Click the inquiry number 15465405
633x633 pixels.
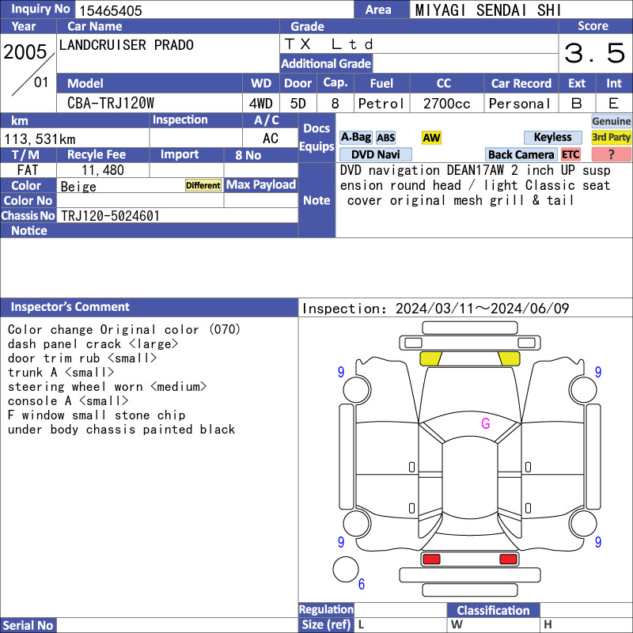(x=111, y=10)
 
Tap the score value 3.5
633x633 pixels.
(x=595, y=53)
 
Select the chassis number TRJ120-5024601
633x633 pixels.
(x=110, y=216)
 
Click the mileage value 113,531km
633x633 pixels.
(x=40, y=139)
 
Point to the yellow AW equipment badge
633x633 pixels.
(x=431, y=138)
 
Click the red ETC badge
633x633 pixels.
(x=570, y=154)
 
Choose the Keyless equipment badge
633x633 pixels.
(x=552, y=137)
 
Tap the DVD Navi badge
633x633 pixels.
(x=375, y=154)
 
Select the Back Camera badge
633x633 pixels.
(x=521, y=154)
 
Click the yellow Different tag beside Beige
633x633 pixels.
(x=203, y=185)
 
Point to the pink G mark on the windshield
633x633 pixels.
(x=486, y=423)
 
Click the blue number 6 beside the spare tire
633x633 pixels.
(x=362, y=584)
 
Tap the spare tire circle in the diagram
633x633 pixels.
(x=346, y=569)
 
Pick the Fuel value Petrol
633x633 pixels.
(x=381, y=104)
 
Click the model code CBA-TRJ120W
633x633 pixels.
(x=111, y=104)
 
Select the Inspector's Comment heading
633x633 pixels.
(x=70, y=307)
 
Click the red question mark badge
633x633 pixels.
(x=611, y=154)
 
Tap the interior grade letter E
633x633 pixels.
(x=613, y=104)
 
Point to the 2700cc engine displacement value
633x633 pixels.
(x=446, y=104)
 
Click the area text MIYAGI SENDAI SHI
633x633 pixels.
(x=488, y=10)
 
